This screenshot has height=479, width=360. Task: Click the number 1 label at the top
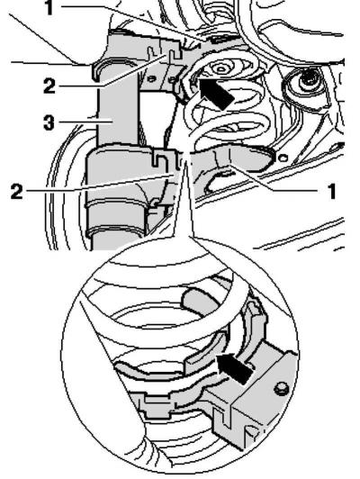click(49, 7)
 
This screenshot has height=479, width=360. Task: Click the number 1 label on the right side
click(331, 192)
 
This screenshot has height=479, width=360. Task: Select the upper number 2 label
click(49, 86)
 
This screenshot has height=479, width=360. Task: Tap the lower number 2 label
click(16, 192)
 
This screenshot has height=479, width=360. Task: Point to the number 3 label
click(49, 122)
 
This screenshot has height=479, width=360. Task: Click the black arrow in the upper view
click(216, 93)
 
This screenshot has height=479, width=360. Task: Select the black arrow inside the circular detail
click(235, 368)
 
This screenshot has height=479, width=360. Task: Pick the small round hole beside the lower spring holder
click(283, 158)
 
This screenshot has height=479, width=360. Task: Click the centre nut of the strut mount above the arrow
click(220, 68)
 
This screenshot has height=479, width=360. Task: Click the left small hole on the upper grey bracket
click(150, 78)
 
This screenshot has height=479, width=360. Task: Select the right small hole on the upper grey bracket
click(173, 79)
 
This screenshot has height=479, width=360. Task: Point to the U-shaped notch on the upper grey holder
click(174, 54)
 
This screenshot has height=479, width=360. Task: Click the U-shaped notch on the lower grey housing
click(159, 158)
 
